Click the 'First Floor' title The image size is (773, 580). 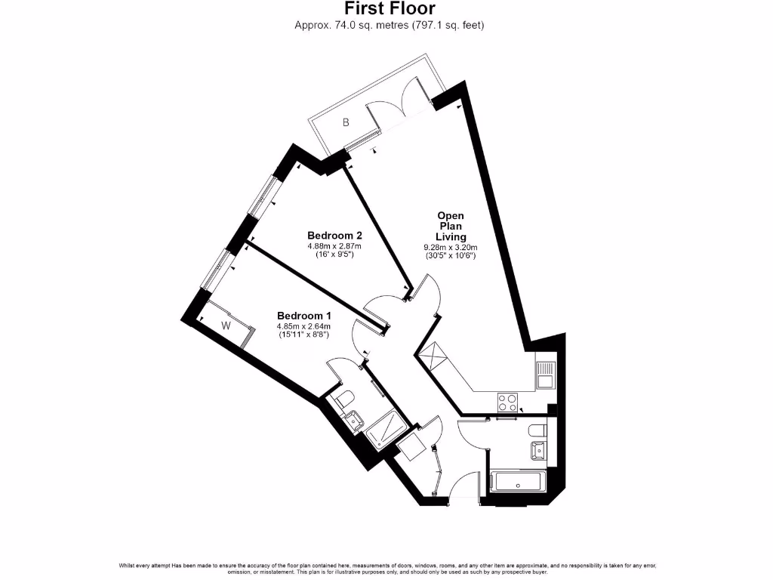(x=389, y=9)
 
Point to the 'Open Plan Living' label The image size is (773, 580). (x=451, y=226)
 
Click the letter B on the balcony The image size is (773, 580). (x=346, y=122)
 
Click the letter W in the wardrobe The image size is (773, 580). (x=226, y=325)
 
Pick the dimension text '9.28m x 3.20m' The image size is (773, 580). (x=451, y=247)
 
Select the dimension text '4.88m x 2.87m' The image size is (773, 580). (x=334, y=245)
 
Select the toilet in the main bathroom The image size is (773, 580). (x=537, y=430)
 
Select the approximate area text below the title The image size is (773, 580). (x=389, y=25)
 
